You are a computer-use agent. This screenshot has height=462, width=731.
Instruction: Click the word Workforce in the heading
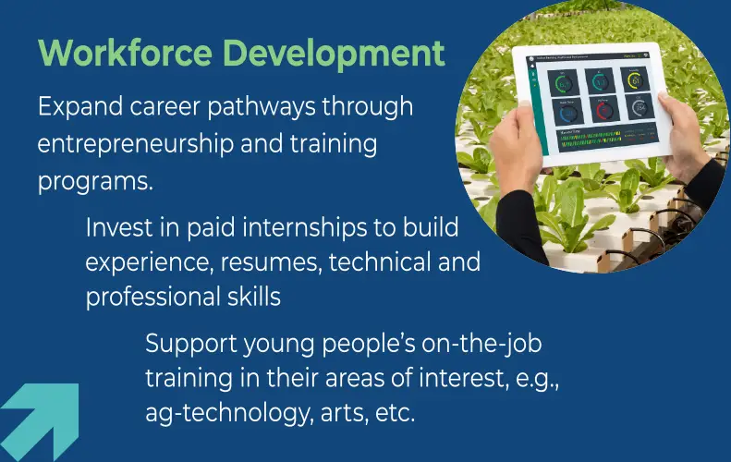(x=125, y=53)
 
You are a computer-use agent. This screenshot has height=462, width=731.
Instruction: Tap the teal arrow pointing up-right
(x=42, y=422)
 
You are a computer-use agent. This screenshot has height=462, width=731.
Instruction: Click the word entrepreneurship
(x=136, y=144)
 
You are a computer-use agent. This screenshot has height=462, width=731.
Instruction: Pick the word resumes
(x=272, y=262)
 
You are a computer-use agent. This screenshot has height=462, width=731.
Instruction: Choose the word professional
(x=152, y=298)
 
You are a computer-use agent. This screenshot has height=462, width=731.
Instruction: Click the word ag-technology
(x=228, y=414)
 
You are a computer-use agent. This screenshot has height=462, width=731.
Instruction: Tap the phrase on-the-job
(x=481, y=345)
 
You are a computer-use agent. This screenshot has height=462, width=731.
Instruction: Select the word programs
(x=95, y=181)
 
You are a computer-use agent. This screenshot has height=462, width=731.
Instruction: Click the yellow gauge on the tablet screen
(x=634, y=79)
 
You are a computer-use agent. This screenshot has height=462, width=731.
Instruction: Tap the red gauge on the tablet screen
(x=604, y=110)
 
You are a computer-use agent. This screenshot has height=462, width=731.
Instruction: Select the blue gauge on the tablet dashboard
(x=568, y=114)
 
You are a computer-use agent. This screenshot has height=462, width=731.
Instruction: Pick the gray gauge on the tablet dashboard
(x=640, y=107)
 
